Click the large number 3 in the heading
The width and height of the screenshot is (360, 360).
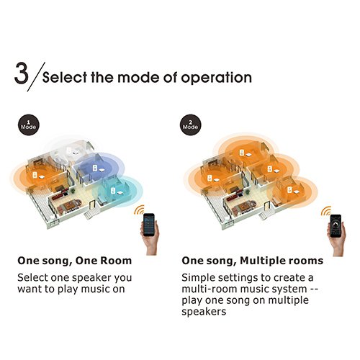22,73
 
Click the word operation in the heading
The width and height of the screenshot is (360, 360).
216,78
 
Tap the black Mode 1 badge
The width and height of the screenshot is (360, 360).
29,125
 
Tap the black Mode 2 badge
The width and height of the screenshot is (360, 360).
190,125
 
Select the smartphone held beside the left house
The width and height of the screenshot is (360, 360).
149,225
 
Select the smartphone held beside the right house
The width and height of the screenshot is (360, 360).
336,226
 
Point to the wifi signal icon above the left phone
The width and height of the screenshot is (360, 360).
139,210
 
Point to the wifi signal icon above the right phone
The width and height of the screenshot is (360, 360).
326,211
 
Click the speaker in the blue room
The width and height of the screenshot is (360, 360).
95,168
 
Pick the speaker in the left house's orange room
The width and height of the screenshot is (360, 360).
35,175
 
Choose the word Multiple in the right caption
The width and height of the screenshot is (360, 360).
264,261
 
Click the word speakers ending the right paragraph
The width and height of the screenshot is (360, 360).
204,312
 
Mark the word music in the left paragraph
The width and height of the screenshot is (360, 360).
95,289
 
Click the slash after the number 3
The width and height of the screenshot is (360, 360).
36,76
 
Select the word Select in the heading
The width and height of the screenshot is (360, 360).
65,78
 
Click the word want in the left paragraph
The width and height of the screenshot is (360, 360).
28,289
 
